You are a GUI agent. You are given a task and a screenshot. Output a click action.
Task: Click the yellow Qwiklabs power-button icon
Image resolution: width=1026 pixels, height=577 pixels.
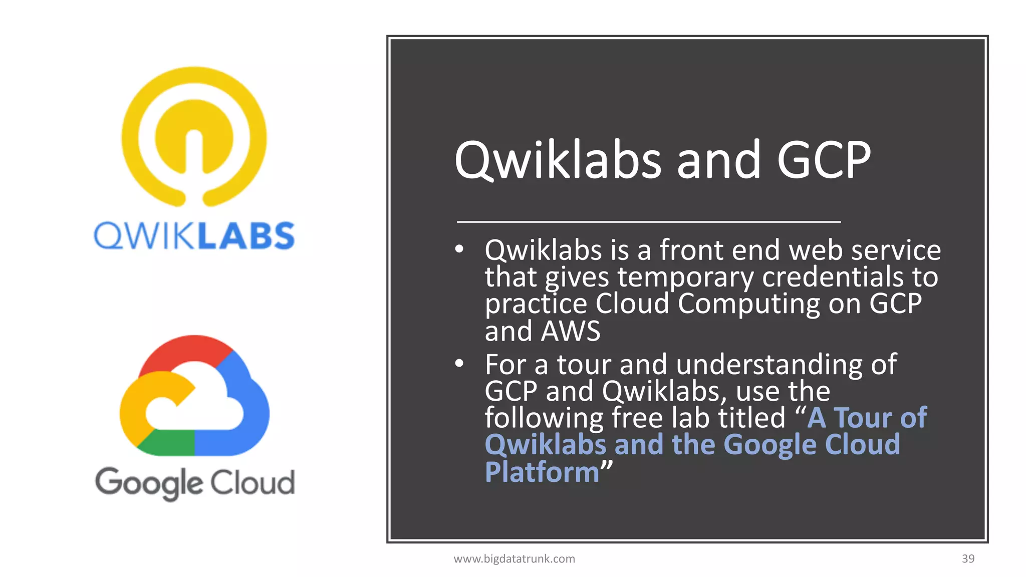pyautogui.click(x=194, y=136)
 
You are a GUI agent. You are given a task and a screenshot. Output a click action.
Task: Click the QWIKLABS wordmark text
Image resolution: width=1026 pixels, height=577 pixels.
pyautogui.click(x=194, y=236)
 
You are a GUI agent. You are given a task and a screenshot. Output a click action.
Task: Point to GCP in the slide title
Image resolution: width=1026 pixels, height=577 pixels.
pyautogui.click(x=824, y=160)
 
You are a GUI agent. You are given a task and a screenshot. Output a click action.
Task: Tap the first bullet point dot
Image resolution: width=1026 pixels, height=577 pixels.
pyautogui.click(x=459, y=249)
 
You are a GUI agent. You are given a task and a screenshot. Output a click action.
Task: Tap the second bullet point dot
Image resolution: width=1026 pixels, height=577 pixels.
pyautogui.click(x=459, y=364)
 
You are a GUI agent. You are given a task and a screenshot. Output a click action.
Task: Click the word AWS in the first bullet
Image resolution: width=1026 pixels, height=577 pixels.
pyautogui.click(x=571, y=332)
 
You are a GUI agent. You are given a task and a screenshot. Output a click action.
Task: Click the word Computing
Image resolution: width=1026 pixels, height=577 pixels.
pyautogui.click(x=748, y=305)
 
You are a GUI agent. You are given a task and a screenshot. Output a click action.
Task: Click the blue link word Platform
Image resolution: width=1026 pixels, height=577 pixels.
pyautogui.click(x=542, y=472)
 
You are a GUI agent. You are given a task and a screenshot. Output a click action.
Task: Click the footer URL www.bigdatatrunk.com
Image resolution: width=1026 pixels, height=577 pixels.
pyautogui.click(x=514, y=559)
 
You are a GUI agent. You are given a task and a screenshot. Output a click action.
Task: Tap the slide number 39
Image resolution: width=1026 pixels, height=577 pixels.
pyautogui.click(x=968, y=559)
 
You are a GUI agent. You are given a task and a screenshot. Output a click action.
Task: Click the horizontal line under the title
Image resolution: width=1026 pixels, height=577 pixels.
pyautogui.click(x=648, y=221)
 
